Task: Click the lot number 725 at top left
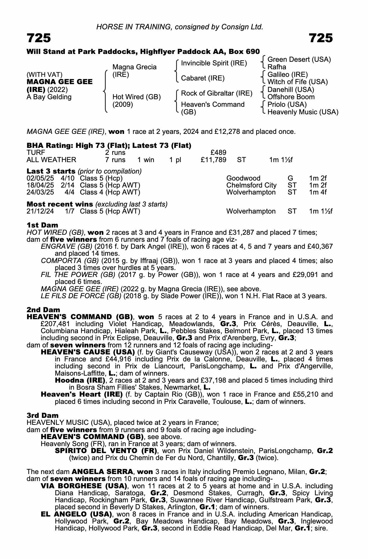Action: [39, 38]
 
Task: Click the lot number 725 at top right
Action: [321, 38]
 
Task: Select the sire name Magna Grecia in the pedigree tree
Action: [134, 67]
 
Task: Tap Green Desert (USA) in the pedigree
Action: [299, 60]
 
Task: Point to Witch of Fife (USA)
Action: [297, 82]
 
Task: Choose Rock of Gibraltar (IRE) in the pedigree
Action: [217, 93]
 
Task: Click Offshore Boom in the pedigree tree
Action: [291, 97]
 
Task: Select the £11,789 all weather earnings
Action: [214, 160]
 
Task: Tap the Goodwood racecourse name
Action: [243, 178]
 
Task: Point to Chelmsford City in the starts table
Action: [251, 185]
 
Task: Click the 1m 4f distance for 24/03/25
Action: [318, 192]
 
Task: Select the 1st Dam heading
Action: [42, 225]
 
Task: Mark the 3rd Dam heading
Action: [43, 415]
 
